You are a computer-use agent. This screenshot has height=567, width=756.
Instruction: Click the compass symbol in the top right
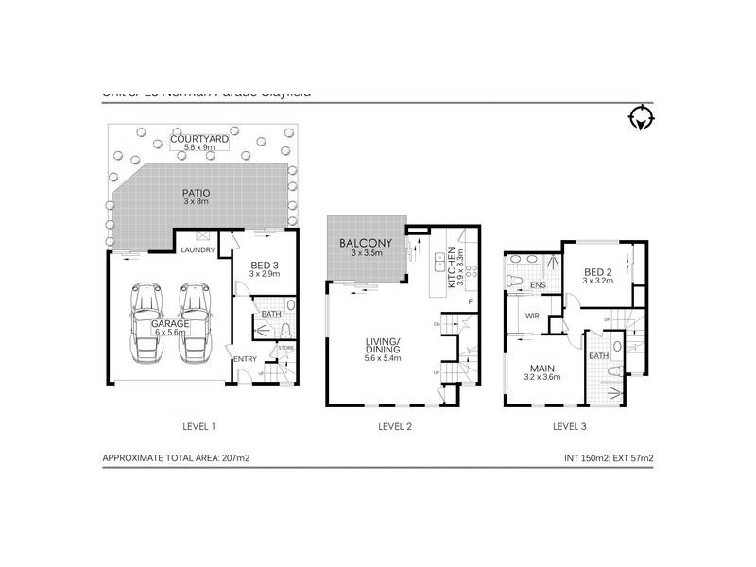[x=642, y=117]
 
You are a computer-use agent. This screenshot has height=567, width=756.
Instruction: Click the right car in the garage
[x=195, y=321]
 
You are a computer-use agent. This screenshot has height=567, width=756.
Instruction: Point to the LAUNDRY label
[x=199, y=250]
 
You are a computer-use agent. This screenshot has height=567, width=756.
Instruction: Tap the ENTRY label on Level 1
[x=245, y=358]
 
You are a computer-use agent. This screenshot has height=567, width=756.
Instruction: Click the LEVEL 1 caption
[x=199, y=426]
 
